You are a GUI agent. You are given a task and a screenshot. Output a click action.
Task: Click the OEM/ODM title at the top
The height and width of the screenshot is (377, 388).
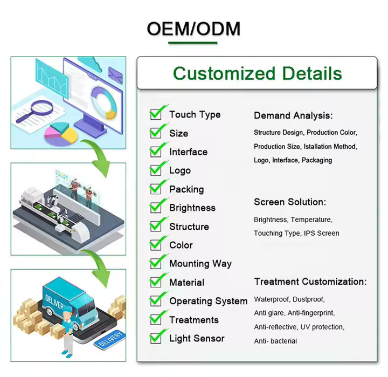pos(193,29)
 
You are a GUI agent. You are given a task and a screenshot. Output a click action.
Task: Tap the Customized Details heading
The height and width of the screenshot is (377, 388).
pos(258,73)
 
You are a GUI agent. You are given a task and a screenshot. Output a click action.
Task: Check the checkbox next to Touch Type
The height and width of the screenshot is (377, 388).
pos(156,114)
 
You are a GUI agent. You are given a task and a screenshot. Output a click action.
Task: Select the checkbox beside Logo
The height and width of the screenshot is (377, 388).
pos(156,170)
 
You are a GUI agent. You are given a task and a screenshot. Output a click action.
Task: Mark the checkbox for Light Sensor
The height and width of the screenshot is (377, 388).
pos(156,338)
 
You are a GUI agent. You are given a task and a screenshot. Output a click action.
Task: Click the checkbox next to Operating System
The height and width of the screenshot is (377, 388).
pos(156,301)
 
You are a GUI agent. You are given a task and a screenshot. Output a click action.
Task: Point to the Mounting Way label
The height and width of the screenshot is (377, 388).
pos(200,264)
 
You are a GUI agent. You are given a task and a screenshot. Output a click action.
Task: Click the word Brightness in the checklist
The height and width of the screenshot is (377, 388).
pos(192,208)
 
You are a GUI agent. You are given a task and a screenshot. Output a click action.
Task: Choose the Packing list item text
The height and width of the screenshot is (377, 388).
pos(186,189)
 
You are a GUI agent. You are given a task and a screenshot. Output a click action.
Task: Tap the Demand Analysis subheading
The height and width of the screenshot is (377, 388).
pos(294,115)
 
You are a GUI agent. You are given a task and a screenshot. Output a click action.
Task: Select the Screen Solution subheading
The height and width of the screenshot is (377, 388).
pos(290,202)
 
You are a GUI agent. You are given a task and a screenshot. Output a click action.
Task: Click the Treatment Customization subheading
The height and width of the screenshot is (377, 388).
pos(310,282)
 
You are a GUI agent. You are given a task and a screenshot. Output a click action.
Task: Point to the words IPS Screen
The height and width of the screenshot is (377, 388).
pos(321,234)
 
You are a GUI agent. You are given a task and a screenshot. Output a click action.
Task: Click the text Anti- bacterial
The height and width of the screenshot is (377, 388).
pos(275,341)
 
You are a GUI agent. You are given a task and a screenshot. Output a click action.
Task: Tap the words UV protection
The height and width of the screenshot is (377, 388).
pos(322,327)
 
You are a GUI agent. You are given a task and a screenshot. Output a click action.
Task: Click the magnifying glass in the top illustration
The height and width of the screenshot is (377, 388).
pos(35,111)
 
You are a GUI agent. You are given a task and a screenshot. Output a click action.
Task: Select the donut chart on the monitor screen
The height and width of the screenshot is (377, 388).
pos(104,103)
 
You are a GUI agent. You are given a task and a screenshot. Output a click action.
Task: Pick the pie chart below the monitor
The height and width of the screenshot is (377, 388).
pos(61,134)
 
